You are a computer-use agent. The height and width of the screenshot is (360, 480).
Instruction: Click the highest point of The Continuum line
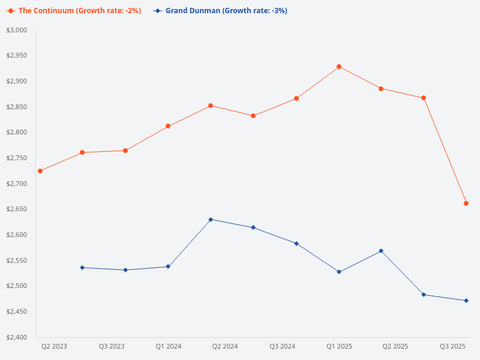coord(339,67)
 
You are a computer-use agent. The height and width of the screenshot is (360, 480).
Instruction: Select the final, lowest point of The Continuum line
coord(466,203)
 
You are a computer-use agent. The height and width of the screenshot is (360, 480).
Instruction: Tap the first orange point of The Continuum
coord(40,171)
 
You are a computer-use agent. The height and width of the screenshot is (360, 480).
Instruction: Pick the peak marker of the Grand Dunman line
coord(211,220)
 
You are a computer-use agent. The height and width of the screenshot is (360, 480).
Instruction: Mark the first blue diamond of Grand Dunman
coord(82,268)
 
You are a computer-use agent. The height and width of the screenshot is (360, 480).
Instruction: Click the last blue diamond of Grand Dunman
coord(466,301)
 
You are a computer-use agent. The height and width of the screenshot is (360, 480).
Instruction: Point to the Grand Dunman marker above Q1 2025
coord(339,272)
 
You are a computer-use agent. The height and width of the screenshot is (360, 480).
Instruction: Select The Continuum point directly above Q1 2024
coord(168,126)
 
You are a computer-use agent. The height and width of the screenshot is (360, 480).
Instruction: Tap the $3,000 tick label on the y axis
coord(17,30)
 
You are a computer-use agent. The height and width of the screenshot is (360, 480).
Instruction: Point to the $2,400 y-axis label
coord(17,337)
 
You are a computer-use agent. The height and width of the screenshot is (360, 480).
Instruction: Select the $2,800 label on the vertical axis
coord(17,133)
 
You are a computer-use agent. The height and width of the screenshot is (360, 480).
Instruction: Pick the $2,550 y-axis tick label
coord(17,260)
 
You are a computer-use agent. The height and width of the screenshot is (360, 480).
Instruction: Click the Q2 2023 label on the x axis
coord(54,347)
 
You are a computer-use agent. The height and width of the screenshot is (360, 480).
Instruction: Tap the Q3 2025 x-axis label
coord(453,347)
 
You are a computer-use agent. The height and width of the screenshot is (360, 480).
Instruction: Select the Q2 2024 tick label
coord(225,347)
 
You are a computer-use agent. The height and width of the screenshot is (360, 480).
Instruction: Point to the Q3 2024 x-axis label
coord(282,347)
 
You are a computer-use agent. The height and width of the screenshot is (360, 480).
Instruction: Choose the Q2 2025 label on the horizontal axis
coord(395,347)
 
